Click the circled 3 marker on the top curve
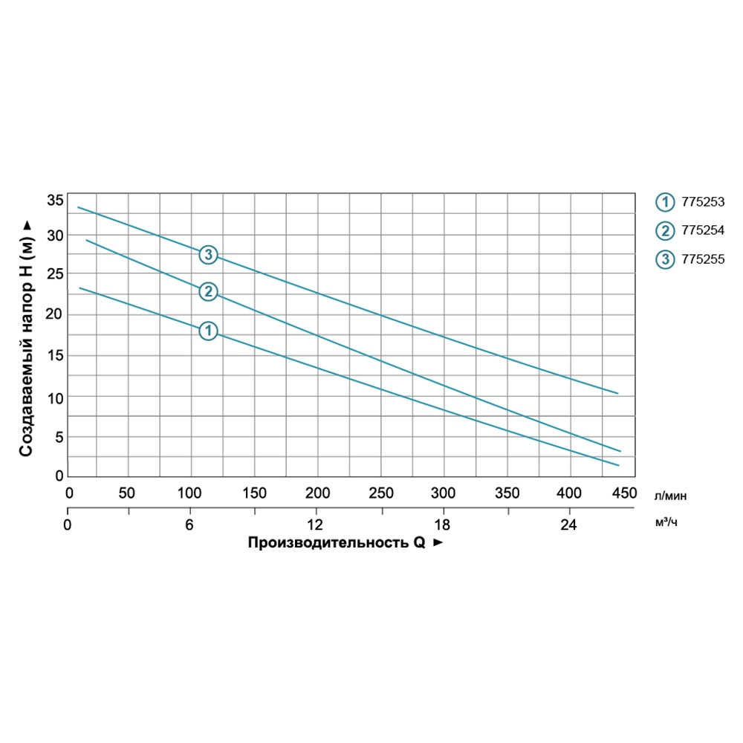pos(208,255)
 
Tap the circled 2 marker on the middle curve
pos(208,291)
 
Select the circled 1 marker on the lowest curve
pos(208,331)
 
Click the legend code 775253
pos(702,201)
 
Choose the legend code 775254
pos(702,230)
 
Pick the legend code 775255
pos(702,259)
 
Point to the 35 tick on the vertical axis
pos(54,201)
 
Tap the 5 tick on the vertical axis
pos(58,436)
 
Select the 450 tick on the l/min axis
pos(623,493)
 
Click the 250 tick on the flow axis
pos(381,493)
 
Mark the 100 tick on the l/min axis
pos(191,493)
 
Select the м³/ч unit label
pos(666,523)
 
